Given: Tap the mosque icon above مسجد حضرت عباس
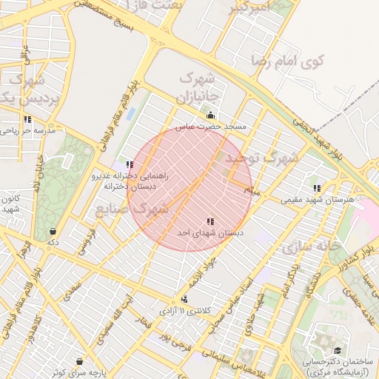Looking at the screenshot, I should point(211,115).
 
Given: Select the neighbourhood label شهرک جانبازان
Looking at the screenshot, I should point(197,87).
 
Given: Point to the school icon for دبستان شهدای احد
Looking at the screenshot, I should point(211,221).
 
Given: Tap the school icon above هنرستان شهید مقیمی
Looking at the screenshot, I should point(318,189).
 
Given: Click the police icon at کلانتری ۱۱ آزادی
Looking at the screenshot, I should point(184,299).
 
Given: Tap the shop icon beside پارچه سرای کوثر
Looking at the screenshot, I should point(79,361).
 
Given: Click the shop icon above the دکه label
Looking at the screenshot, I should point(53,231).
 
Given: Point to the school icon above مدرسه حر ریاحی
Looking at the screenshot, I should point(27,119).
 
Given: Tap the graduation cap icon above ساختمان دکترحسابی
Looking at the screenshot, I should point(338,350).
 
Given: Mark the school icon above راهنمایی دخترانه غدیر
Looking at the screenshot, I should point(130,165).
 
